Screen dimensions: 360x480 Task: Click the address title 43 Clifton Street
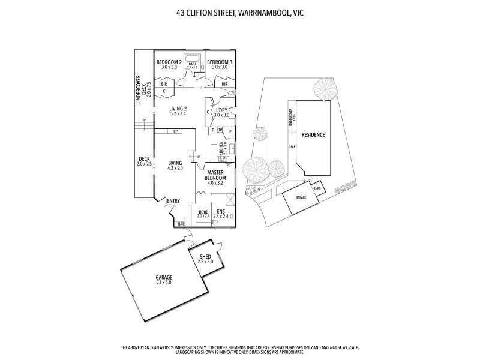[x=240, y=12]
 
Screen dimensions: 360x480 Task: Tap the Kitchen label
[x=221, y=149]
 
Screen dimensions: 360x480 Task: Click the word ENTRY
[x=173, y=201]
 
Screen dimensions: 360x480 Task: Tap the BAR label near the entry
[x=181, y=224]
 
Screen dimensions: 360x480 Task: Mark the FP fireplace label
[x=176, y=131]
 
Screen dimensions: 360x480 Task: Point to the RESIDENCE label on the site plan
[x=313, y=135]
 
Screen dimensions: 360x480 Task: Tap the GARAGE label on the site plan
[x=300, y=197]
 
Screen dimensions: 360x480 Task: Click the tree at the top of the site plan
[x=324, y=89]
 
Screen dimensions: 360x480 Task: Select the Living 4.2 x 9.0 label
[x=175, y=166]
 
